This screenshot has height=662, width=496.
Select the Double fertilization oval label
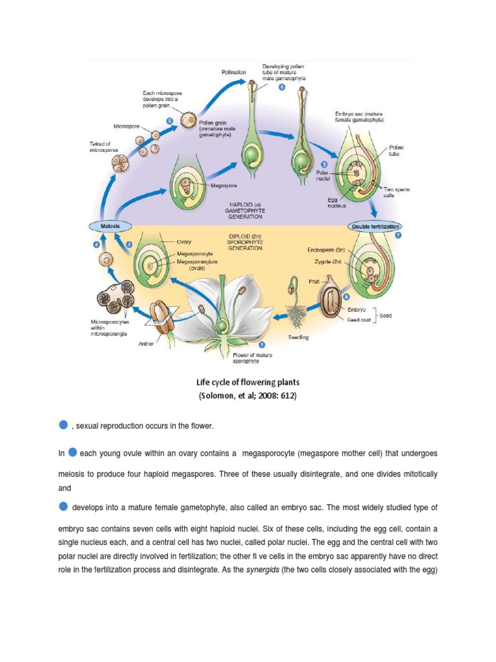click(375, 226)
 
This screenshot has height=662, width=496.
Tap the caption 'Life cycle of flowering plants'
click(248, 382)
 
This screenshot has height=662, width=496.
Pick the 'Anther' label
click(146, 344)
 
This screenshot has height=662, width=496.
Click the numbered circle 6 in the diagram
click(282, 89)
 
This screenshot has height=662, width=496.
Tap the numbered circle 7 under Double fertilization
click(398, 236)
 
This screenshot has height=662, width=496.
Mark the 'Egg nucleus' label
click(336, 202)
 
